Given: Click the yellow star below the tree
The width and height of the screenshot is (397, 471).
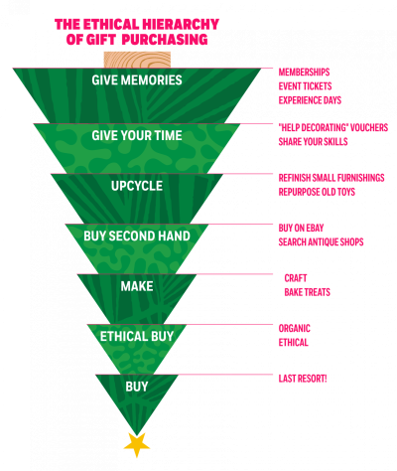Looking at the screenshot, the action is coord(137,445).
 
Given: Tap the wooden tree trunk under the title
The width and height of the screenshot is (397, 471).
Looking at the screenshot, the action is coord(137,60).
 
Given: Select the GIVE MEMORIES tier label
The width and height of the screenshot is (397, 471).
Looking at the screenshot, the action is coord(137,80).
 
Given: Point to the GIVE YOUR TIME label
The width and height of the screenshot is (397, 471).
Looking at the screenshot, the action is coord(137,135).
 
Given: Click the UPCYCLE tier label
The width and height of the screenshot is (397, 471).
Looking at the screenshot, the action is coord(137,186).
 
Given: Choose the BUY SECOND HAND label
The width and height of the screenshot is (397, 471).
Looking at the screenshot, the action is coord(137,235).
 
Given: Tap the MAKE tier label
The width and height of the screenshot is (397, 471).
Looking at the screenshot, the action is coord(137,286).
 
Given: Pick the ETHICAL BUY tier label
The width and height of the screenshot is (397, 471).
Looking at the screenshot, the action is coord(137,337).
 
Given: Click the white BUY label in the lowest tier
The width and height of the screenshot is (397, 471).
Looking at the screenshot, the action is coord(137,387).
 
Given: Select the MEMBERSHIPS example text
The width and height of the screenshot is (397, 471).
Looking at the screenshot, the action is coord(304,73).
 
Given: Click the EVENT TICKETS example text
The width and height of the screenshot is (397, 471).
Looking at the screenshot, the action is coord(305,86).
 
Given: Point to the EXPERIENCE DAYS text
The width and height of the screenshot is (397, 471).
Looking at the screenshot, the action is coord(310,100).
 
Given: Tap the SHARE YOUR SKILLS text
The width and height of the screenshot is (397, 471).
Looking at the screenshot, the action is coord(313,142).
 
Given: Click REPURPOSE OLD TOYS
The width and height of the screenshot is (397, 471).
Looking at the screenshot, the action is coord(317,192).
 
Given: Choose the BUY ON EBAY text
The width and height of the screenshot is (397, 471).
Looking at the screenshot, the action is coord(301,228).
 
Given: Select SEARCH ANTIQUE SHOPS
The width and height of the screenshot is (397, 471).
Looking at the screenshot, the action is coord(321,242).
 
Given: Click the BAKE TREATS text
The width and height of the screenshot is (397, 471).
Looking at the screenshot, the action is coord(308,292).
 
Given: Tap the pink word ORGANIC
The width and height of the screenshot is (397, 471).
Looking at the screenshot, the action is coord(295,328).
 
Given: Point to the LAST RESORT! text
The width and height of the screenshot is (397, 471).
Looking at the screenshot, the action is coord(303,379).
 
